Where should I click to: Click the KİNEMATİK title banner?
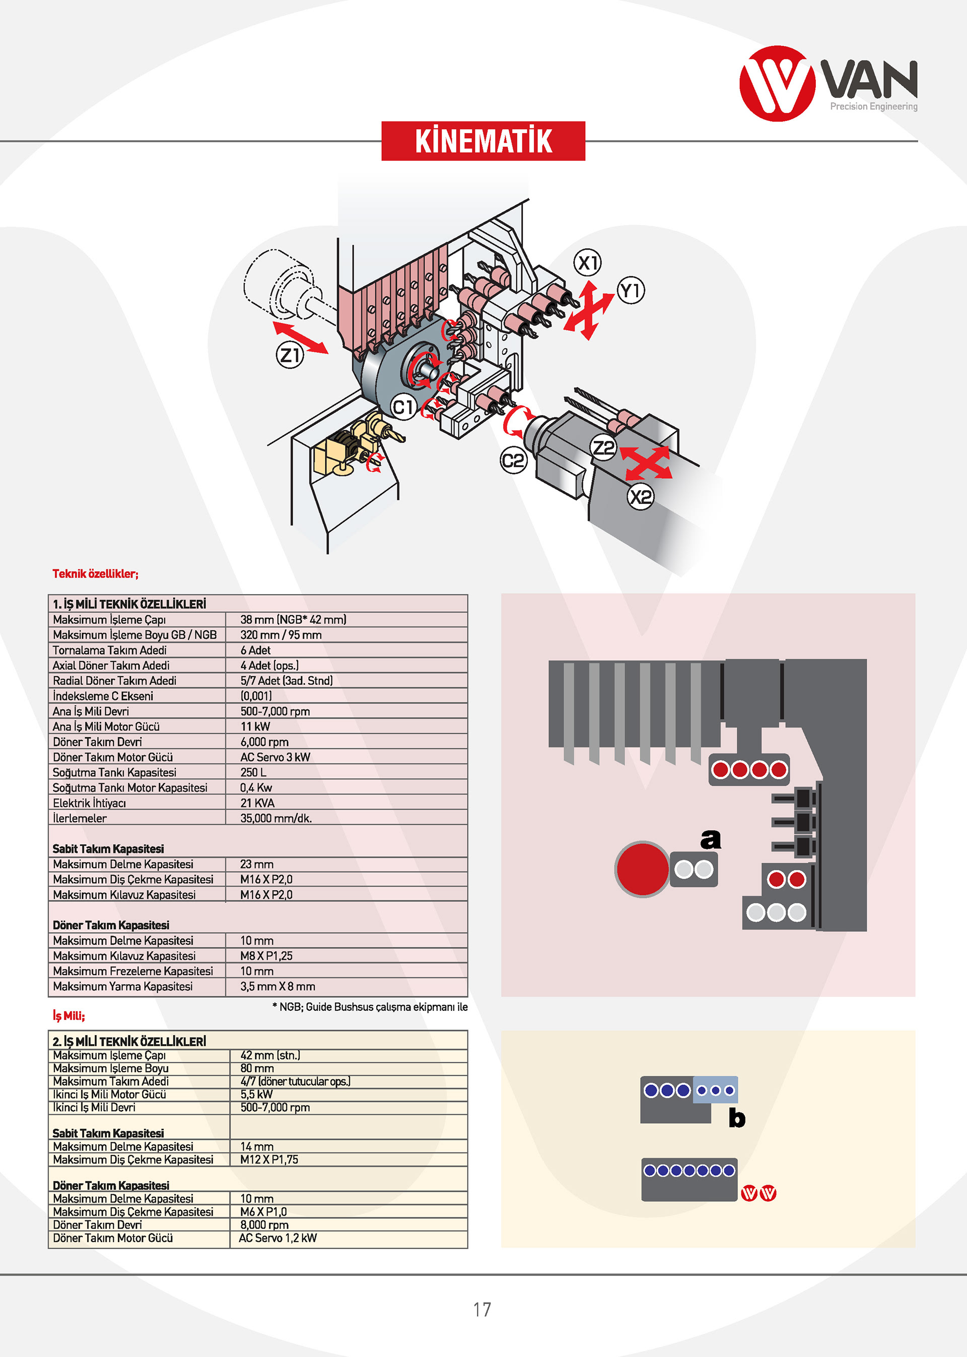[483, 141]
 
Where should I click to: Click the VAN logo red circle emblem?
[777, 84]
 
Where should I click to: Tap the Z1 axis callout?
[290, 355]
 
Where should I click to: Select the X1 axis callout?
[588, 263]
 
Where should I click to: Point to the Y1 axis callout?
[631, 291]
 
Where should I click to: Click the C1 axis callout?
[403, 408]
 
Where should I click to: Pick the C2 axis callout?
[513, 461]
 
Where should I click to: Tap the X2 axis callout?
[640, 496]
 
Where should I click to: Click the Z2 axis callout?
[603, 447]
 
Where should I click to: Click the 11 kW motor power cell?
[255, 727]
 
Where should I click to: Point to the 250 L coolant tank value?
[254, 772]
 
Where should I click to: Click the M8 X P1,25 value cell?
[266, 955]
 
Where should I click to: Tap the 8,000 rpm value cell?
[264, 1225]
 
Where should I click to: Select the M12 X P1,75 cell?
[269, 1159]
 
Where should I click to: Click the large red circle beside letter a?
[642, 869]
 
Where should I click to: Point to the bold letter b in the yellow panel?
[736, 1118]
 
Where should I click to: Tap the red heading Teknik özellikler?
[95, 573]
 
